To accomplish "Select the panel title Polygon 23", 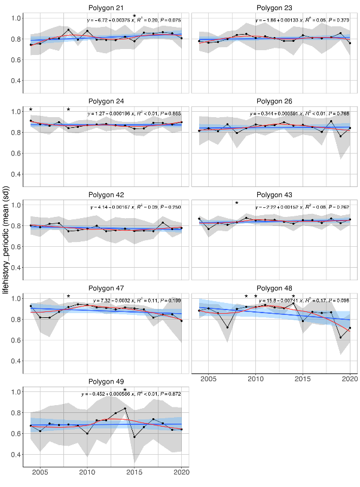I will [276, 7].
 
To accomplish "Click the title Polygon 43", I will [276, 194].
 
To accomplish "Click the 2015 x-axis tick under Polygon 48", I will [303, 379].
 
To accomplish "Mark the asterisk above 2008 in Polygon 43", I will [237, 204].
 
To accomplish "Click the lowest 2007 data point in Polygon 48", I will [228, 327].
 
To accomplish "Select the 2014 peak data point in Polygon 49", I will [125, 409].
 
